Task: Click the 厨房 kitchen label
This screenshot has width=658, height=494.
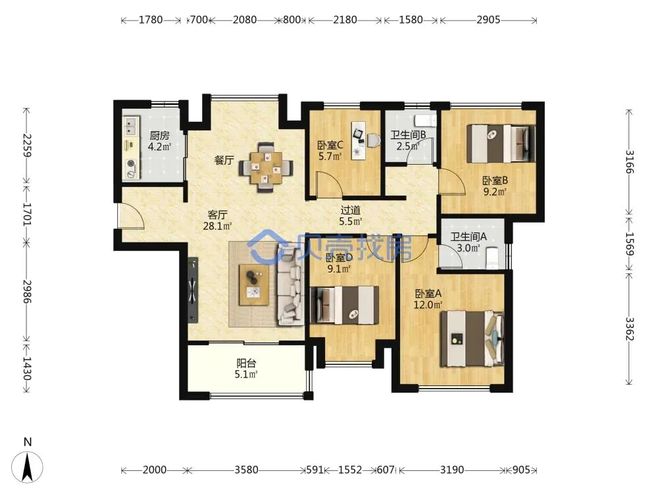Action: [x=159, y=136]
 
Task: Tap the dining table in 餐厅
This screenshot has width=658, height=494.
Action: [x=266, y=167]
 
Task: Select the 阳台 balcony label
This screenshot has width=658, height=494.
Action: [x=246, y=363]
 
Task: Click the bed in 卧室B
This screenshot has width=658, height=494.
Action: [x=501, y=144]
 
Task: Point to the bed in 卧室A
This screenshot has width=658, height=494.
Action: [x=472, y=339]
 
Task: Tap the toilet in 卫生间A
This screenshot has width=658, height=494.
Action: [x=492, y=258]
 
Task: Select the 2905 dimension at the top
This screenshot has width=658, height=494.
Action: [x=488, y=20]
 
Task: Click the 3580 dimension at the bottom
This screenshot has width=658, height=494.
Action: [x=246, y=470]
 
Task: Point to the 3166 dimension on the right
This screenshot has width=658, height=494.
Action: [x=630, y=162]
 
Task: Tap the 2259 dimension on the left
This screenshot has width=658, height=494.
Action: [x=27, y=146]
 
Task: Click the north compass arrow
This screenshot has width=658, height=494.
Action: [x=27, y=466]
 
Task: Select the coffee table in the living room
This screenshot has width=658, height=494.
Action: [x=253, y=285]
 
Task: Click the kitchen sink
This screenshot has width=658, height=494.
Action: [x=132, y=126]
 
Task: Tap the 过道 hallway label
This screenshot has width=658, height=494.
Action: [x=351, y=209]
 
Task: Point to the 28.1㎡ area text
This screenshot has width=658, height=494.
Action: [x=217, y=227]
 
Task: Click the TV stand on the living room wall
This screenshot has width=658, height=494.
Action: [x=193, y=290]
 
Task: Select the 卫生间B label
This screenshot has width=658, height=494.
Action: [x=409, y=135]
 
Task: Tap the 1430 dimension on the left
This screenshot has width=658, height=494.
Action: [x=27, y=368]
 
